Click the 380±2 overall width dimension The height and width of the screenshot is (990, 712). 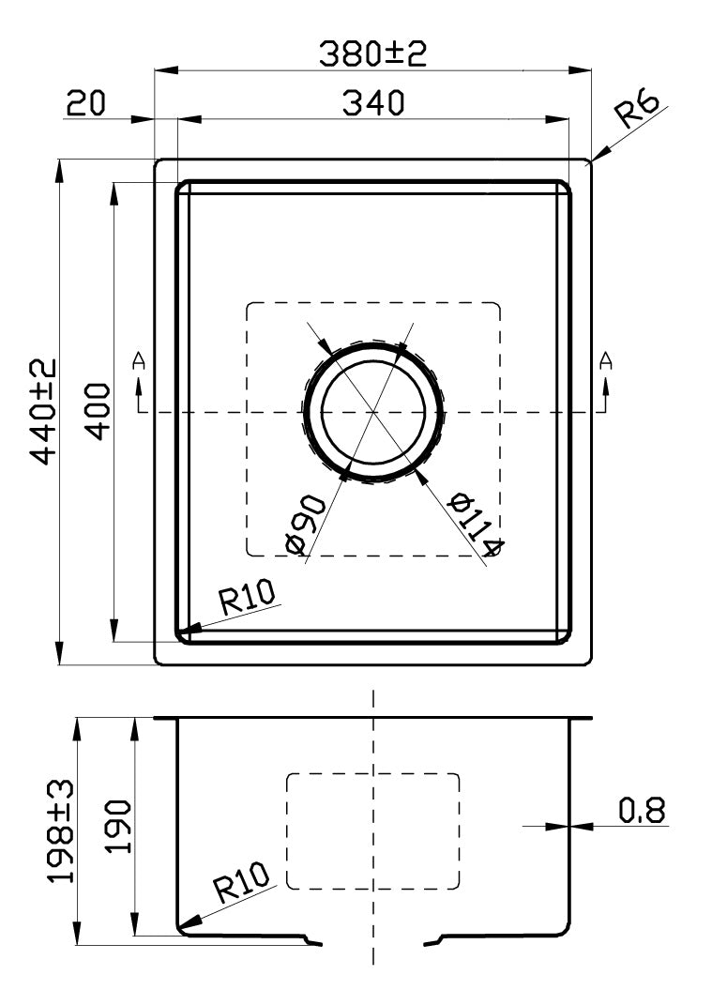tap(372, 53)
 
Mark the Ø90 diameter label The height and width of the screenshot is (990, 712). tap(303, 523)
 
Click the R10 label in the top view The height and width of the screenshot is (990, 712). tap(246, 597)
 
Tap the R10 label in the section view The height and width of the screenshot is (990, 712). tap(240, 883)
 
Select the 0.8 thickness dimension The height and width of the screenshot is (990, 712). tap(643, 810)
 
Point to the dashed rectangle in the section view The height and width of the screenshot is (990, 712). tap(372, 830)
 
